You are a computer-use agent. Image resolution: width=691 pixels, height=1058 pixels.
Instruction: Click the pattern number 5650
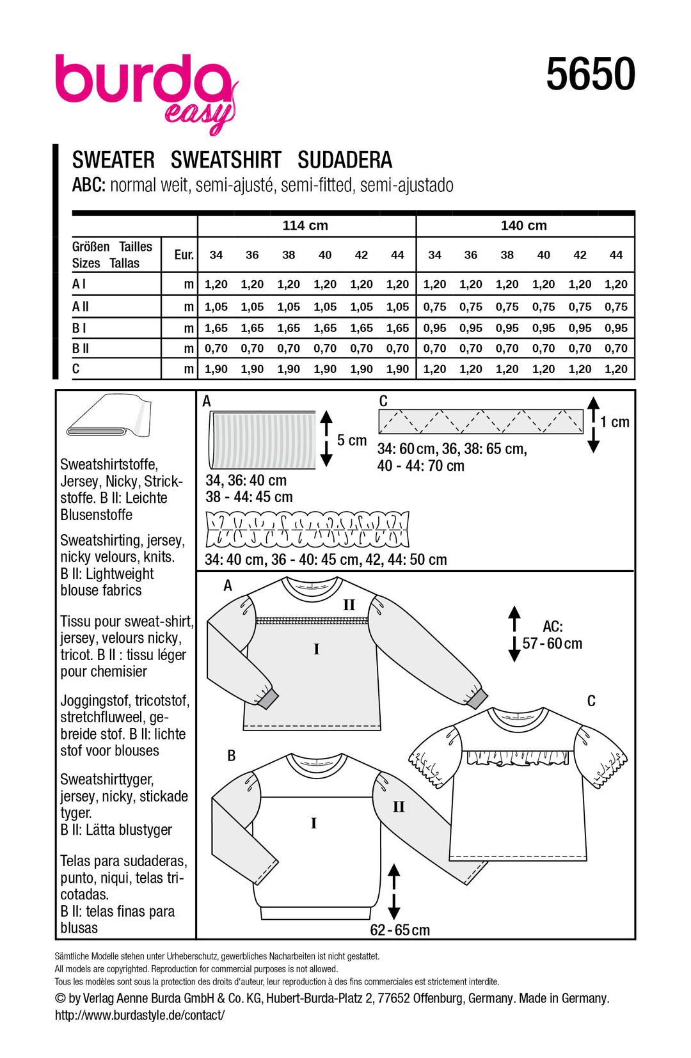pos(590,75)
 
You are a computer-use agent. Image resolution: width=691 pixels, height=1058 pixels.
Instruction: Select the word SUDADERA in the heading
pos(345,160)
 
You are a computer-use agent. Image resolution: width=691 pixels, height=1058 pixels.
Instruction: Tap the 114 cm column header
pos(305,226)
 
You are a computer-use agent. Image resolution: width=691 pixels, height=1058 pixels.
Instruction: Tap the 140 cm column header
pos(523,226)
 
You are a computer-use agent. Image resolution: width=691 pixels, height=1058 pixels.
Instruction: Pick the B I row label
pos(79,328)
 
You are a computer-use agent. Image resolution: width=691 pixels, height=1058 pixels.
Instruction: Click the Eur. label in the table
pos(184,255)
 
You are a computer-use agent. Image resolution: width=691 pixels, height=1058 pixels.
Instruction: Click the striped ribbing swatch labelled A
pos(262,440)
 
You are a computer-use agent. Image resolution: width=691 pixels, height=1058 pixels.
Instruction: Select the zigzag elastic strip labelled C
pos(481,422)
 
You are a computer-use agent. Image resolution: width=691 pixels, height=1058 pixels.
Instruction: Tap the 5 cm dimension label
pos(352,441)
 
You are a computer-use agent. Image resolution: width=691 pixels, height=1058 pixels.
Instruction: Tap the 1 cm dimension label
pos(615,422)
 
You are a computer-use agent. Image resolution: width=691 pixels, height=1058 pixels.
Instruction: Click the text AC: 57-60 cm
pos(552,635)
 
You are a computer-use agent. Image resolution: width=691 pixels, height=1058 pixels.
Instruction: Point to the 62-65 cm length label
pos(400,930)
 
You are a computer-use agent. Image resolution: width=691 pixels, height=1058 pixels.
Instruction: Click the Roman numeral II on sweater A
pos(349,605)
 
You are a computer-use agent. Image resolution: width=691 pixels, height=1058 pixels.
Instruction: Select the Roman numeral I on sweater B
pos(314,824)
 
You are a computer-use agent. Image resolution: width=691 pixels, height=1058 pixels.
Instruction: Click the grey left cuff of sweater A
pos(268,698)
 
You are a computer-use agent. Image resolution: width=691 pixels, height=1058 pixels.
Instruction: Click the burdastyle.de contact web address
pos(139,1015)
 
